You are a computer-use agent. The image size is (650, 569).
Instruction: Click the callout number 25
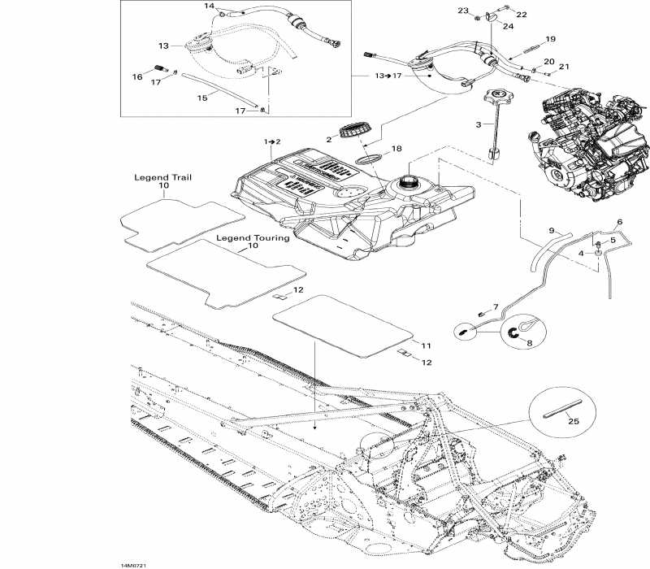point(573,421)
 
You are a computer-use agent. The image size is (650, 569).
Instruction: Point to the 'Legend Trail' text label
point(163,177)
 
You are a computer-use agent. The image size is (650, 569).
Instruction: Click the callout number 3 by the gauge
point(479,124)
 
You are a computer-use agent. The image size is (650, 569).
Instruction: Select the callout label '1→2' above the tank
point(271,141)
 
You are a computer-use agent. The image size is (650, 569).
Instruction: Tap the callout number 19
point(550,39)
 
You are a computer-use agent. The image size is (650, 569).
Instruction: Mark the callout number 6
point(619,221)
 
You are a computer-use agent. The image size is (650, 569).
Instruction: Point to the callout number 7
point(493,307)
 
